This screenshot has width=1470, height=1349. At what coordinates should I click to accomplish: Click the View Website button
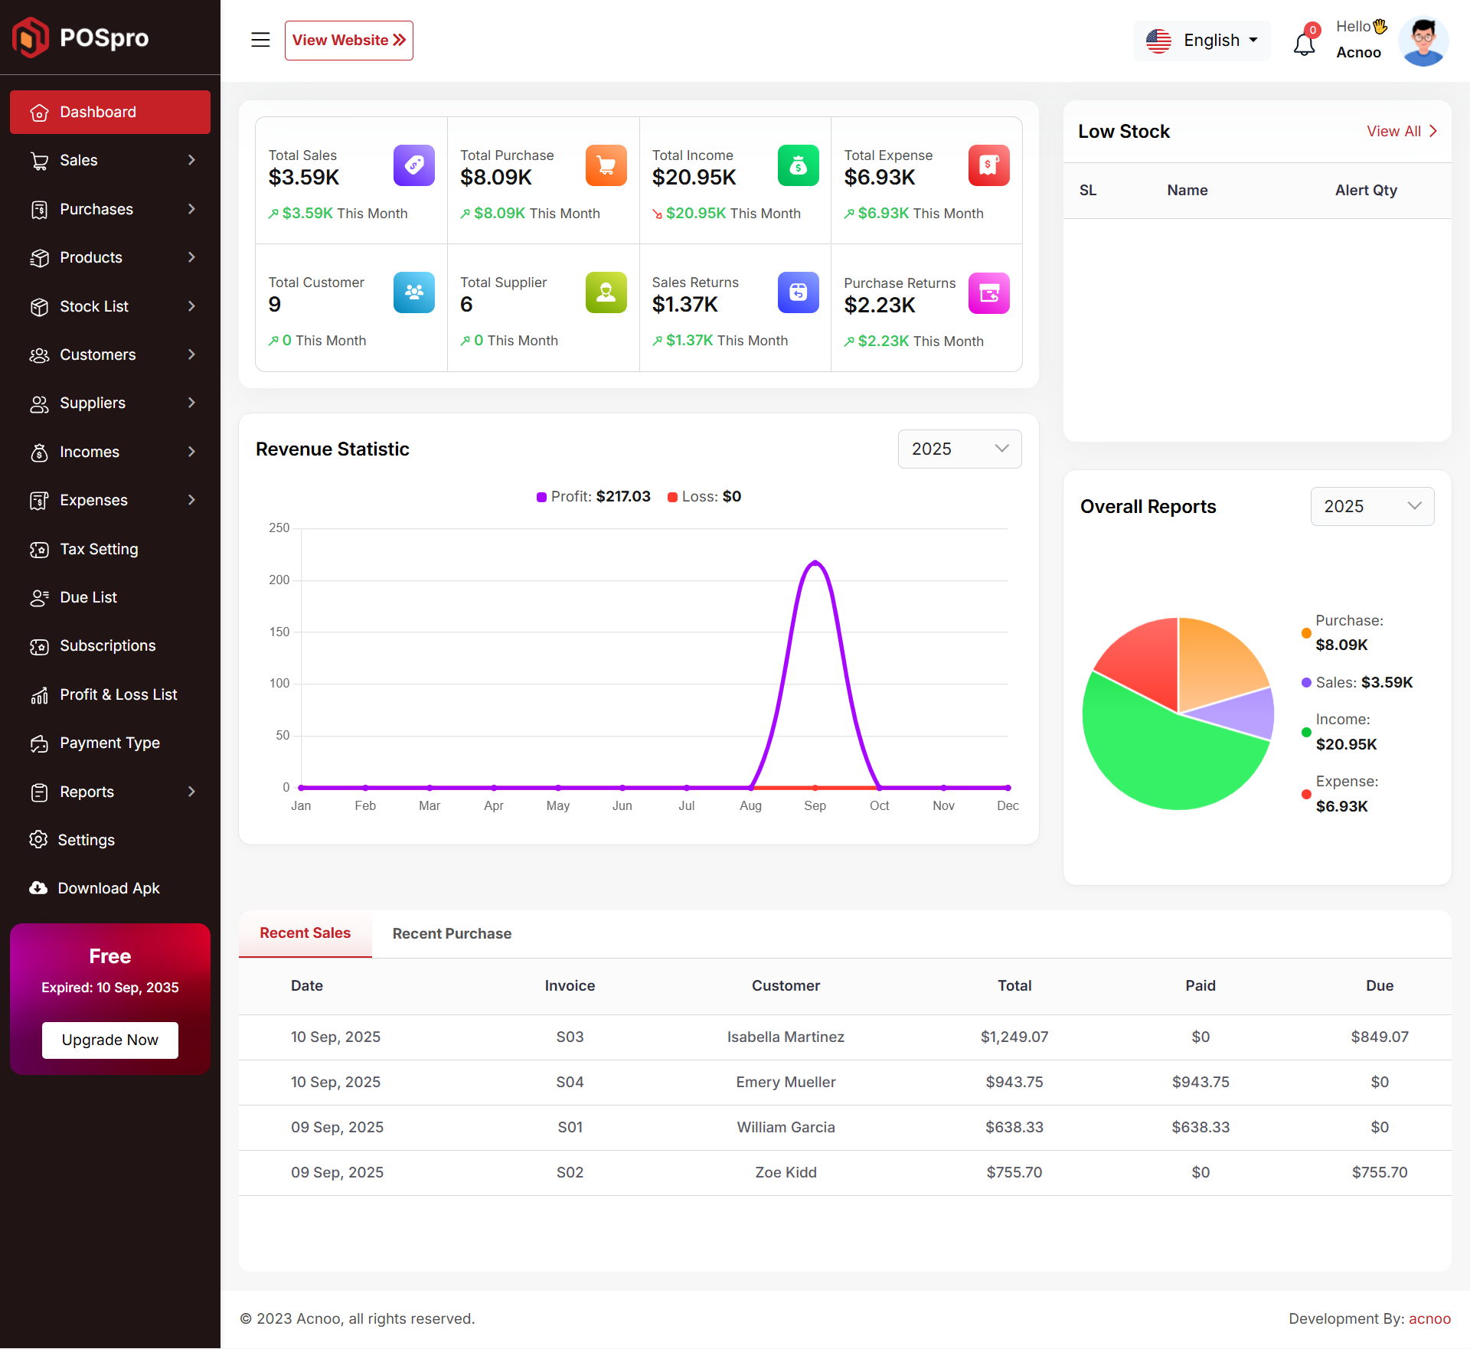(x=349, y=41)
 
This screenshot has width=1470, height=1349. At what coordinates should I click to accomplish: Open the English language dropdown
(x=1201, y=41)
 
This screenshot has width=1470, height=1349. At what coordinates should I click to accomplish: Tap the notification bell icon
(x=1305, y=44)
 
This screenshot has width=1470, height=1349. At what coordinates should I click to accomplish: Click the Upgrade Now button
(x=110, y=1040)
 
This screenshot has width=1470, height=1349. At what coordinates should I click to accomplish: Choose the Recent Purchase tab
(x=452, y=933)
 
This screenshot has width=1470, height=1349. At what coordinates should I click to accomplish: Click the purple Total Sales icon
(x=414, y=165)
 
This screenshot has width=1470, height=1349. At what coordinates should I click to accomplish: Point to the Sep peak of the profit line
(x=815, y=563)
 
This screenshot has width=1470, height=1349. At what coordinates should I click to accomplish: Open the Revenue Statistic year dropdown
(x=959, y=449)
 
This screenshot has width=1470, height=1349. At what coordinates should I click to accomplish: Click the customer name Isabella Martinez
(x=786, y=1037)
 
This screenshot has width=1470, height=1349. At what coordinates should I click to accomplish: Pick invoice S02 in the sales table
(x=570, y=1172)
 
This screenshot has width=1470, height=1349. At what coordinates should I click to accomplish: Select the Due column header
(x=1380, y=985)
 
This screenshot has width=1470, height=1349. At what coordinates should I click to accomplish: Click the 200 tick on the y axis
(x=279, y=580)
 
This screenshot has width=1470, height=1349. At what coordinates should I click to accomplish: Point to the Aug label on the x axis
(x=750, y=805)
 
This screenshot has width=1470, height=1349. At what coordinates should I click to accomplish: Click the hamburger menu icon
(x=260, y=40)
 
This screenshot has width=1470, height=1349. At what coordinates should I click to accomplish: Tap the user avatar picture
(x=1423, y=41)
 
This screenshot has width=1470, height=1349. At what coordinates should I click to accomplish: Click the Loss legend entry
(x=704, y=496)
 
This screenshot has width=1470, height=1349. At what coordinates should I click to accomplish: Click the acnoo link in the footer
(x=1429, y=1318)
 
